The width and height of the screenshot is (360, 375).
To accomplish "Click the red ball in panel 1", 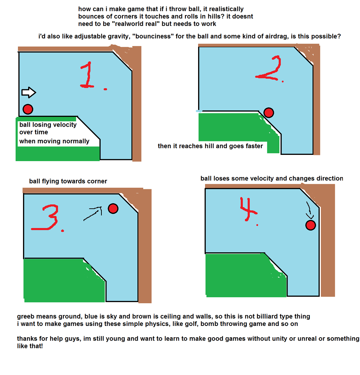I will click(x=28, y=109).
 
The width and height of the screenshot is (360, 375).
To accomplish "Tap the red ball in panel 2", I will click(x=269, y=112).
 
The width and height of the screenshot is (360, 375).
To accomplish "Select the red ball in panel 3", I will click(x=113, y=208).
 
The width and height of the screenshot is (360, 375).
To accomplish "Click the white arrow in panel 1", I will click(x=29, y=93).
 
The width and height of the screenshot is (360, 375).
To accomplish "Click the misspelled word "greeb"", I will click(x=26, y=316).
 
